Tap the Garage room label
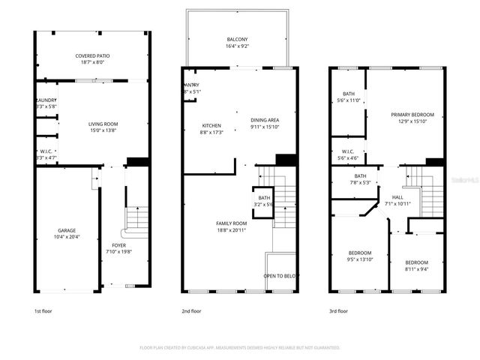click(67, 230)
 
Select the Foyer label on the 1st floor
click(119, 245)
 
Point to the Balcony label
click(237, 39)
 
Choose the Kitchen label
click(211, 125)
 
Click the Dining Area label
click(265, 120)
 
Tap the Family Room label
click(232, 223)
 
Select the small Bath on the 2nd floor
click(265, 198)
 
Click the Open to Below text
click(279, 275)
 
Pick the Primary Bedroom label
click(412, 115)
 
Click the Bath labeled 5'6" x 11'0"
click(348, 94)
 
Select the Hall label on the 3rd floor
click(397, 197)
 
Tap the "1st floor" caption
click(44, 310)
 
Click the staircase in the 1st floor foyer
click(137, 217)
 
